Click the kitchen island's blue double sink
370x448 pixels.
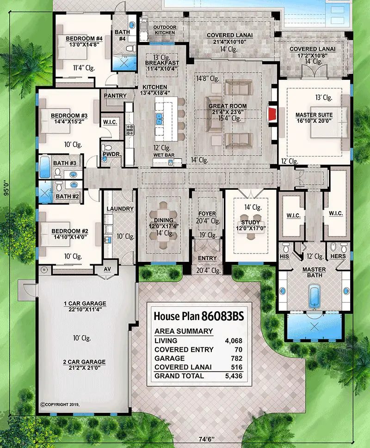[x=159, y=119]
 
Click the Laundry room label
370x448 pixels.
[x=120, y=209]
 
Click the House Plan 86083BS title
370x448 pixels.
[x=198, y=316]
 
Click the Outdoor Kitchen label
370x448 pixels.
[x=165, y=30]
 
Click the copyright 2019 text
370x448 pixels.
[x=61, y=404]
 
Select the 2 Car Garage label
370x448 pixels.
[x=85, y=362]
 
